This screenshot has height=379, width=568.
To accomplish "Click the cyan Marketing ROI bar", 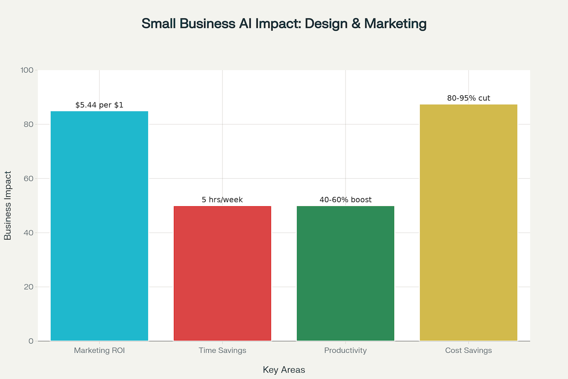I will click(x=99, y=226).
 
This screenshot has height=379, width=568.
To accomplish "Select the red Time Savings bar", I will click(x=222, y=273).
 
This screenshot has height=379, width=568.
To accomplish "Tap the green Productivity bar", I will click(x=345, y=273).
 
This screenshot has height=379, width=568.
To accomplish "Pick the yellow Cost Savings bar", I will click(x=468, y=223).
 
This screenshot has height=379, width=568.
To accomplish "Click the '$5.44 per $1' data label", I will click(x=99, y=105).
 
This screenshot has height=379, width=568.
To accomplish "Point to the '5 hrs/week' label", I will click(x=222, y=200).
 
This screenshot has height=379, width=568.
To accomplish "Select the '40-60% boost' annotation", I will click(x=345, y=200).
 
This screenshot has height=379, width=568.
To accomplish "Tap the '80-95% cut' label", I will click(x=468, y=98).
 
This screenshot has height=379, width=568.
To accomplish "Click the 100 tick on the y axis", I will click(x=27, y=70).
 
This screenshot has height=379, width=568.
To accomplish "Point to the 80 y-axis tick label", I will click(x=28, y=124).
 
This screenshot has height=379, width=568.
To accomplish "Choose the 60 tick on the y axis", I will click(x=28, y=178).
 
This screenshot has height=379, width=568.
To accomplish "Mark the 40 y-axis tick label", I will click(x=28, y=233).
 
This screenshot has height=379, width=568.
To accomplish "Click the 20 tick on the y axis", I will click(x=28, y=287).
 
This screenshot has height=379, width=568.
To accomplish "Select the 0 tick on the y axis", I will click(x=31, y=341).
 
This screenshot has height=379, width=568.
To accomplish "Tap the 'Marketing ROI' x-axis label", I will click(x=99, y=351).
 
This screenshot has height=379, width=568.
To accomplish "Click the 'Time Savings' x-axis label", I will click(x=222, y=351).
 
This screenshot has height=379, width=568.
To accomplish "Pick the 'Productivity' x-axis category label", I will click(x=345, y=351).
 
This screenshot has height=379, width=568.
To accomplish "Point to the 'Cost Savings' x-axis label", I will click(x=468, y=351).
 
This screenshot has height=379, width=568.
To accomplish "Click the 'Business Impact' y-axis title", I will click(x=8, y=205).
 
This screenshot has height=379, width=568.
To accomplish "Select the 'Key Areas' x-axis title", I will click(x=284, y=370).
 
